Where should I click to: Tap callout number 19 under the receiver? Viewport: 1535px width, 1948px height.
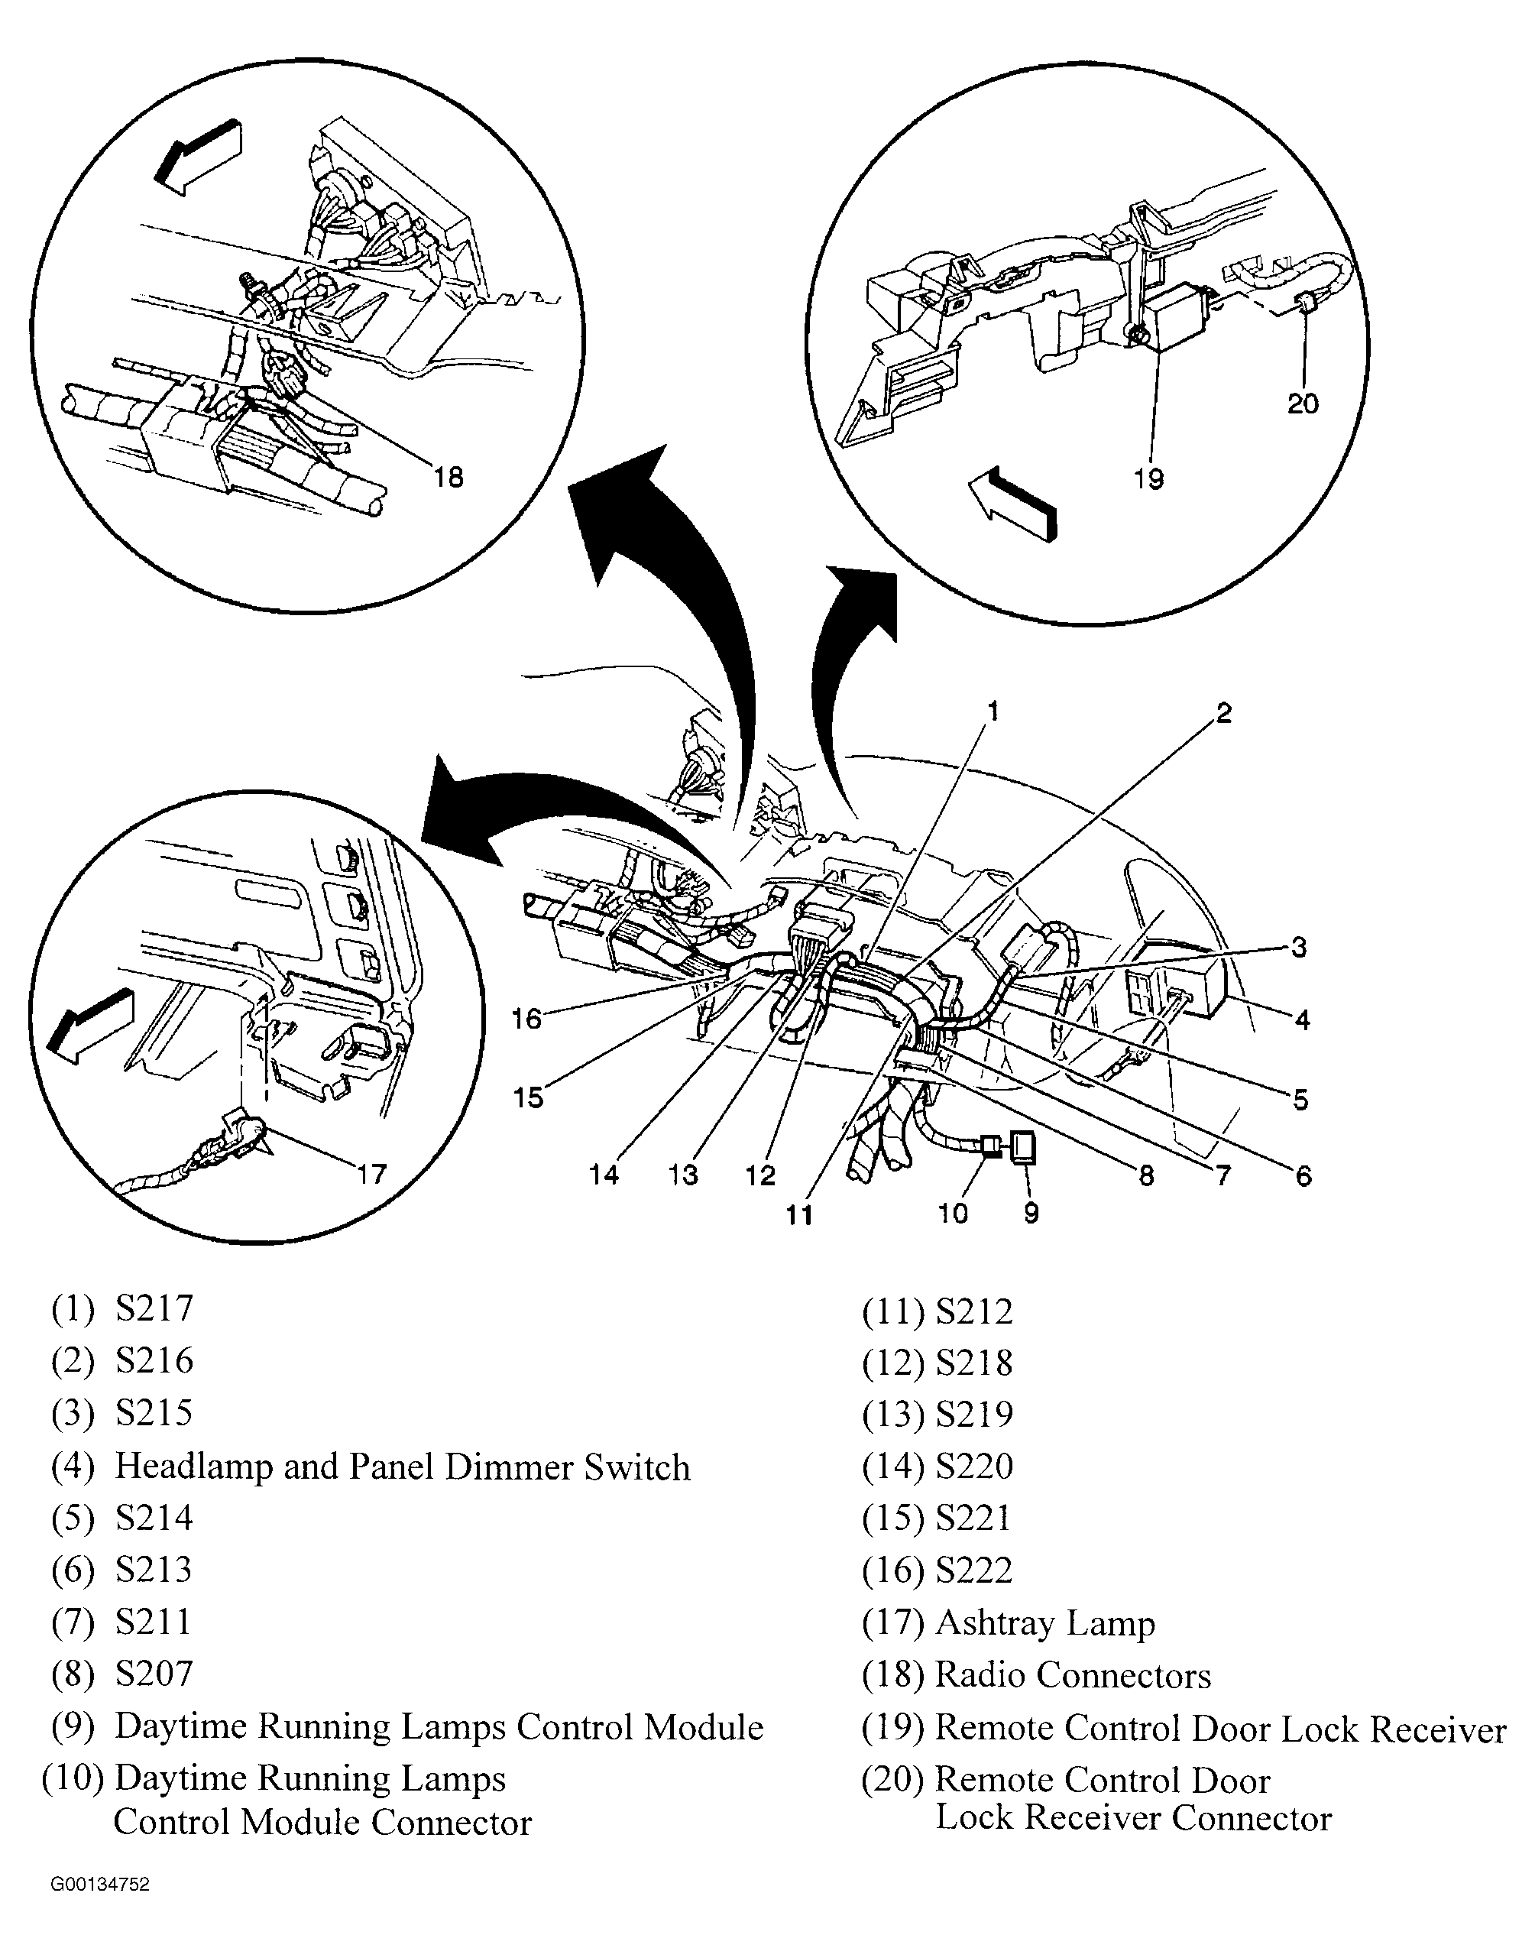tap(1148, 478)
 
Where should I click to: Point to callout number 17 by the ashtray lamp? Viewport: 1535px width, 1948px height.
tap(371, 1174)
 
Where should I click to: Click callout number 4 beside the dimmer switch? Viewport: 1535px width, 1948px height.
tap(1302, 1019)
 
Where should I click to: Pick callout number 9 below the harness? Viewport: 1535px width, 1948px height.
tap(1031, 1214)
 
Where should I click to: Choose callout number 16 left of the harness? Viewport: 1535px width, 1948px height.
tap(526, 1019)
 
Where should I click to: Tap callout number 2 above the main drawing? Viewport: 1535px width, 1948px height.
tap(1223, 714)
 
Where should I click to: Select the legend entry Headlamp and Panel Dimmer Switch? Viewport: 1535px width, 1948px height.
tap(403, 1467)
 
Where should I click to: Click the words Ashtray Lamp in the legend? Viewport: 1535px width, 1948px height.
tap(1045, 1622)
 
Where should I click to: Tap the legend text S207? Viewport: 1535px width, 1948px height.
tap(154, 1673)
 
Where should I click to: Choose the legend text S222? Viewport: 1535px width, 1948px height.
tap(974, 1570)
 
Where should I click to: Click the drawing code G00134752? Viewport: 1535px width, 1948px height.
tap(100, 1885)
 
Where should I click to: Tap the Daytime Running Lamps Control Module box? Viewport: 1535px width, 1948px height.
tap(1024, 1148)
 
